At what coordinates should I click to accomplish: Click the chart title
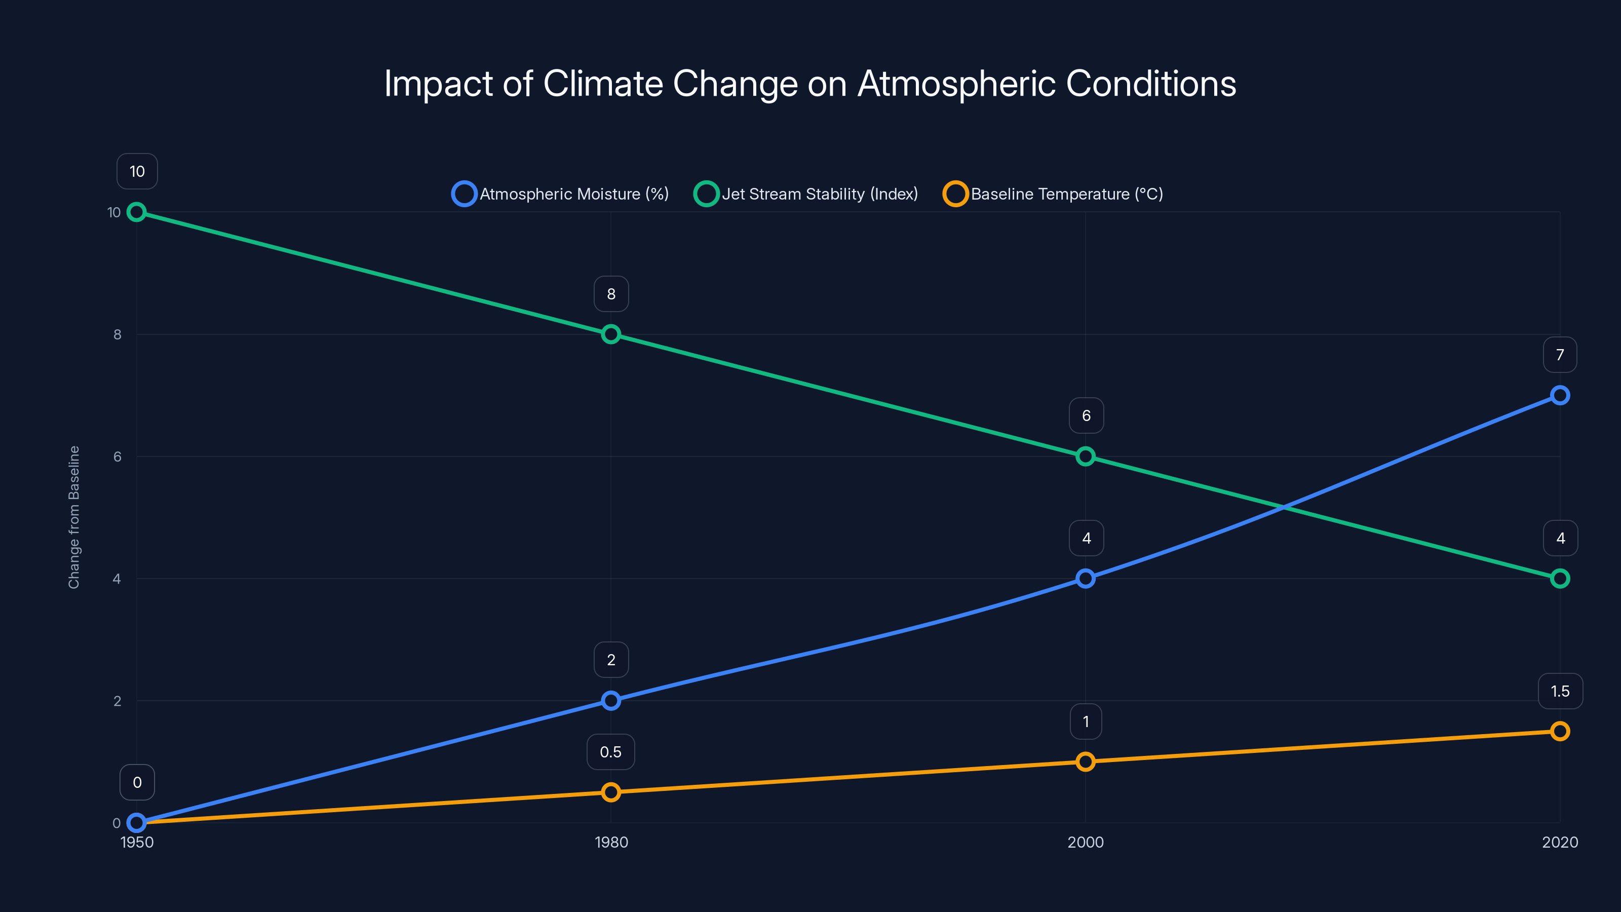pyautogui.click(x=810, y=84)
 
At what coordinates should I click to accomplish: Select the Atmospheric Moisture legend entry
pyautogui.click(x=560, y=194)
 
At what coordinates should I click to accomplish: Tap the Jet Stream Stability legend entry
pyautogui.click(x=806, y=194)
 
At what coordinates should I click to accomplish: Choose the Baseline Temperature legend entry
pyautogui.click(x=1053, y=194)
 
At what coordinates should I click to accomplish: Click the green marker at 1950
pyautogui.click(x=137, y=212)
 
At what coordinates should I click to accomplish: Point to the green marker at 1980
pyautogui.click(x=610, y=334)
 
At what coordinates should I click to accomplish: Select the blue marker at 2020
pyautogui.click(x=1559, y=395)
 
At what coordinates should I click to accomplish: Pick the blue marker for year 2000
pyautogui.click(x=1085, y=579)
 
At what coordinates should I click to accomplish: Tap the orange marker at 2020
pyautogui.click(x=1559, y=731)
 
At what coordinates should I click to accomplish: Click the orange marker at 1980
pyautogui.click(x=610, y=792)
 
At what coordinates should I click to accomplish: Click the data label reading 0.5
pyautogui.click(x=610, y=752)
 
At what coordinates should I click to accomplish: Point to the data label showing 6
pyautogui.click(x=1086, y=415)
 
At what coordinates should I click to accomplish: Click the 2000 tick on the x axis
pyautogui.click(x=1085, y=842)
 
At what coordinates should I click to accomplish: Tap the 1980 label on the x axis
pyautogui.click(x=610, y=842)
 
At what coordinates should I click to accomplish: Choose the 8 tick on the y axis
pyautogui.click(x=117, y=334)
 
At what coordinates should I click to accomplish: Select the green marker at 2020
pyautogui.click(x=1559, y=579)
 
